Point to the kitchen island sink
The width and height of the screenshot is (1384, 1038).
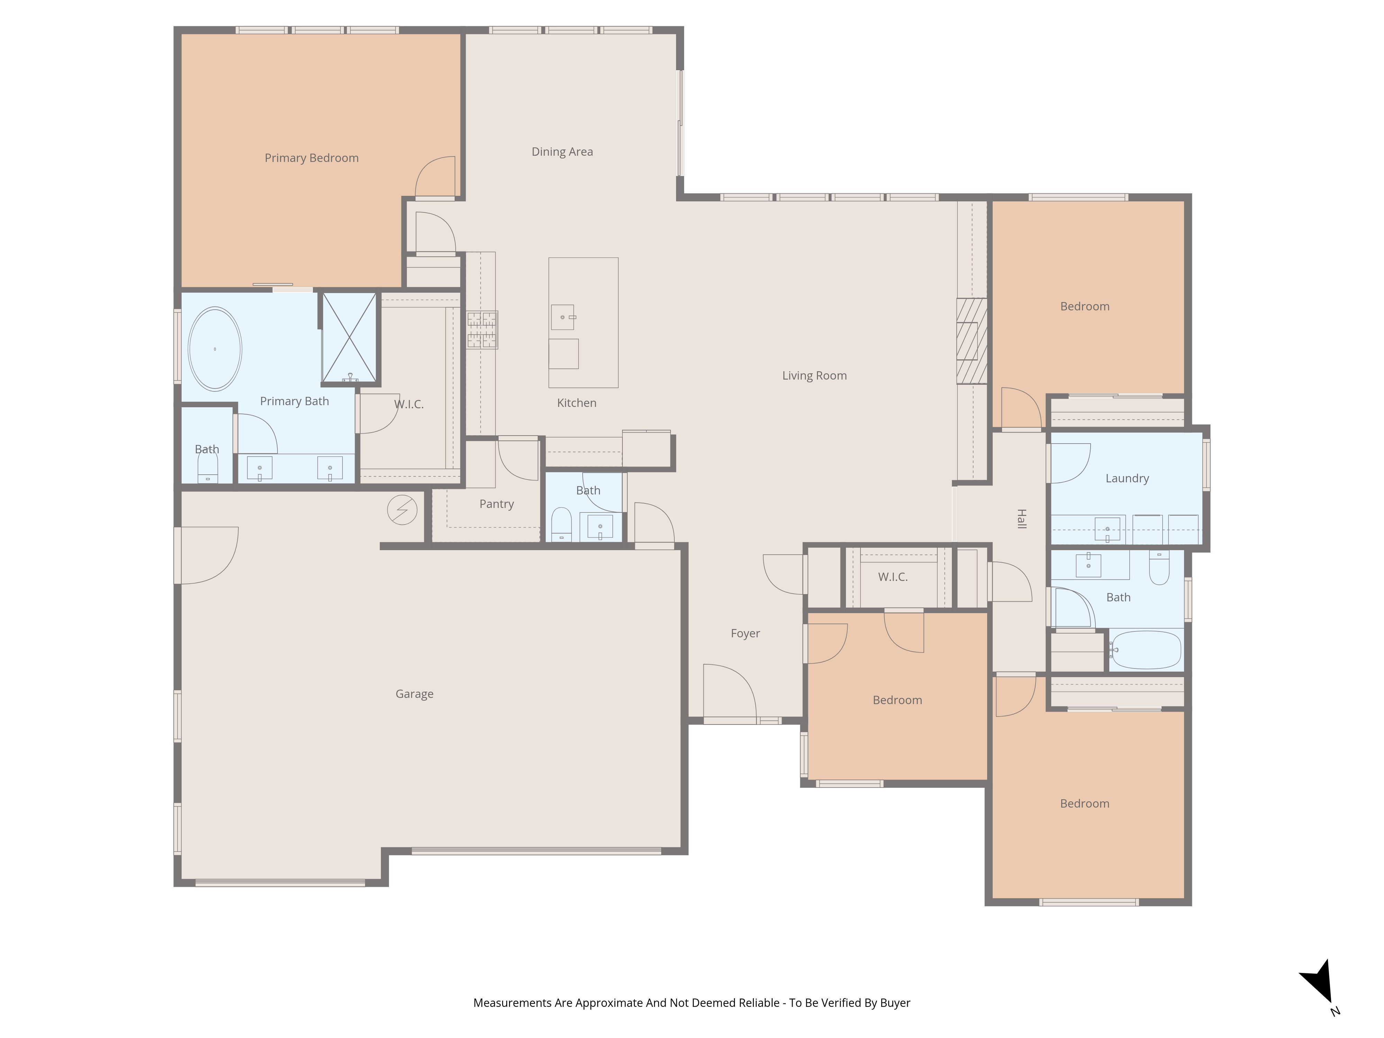tap(563, 317)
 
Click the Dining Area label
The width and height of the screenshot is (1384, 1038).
tap(562, 152)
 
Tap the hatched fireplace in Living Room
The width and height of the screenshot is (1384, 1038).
tap(972, 341)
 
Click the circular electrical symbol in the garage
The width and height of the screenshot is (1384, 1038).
tap(402, 510)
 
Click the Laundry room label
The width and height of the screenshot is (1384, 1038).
tap(1127, 479)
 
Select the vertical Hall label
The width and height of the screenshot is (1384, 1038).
tap(1021, 519)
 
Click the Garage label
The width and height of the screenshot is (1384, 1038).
tap(414, 694)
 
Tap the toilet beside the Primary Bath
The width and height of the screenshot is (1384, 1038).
tap(208, 468)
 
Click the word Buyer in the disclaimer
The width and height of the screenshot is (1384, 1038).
tap(895, 1003)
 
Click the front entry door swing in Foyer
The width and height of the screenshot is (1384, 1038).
tap(729, 691)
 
